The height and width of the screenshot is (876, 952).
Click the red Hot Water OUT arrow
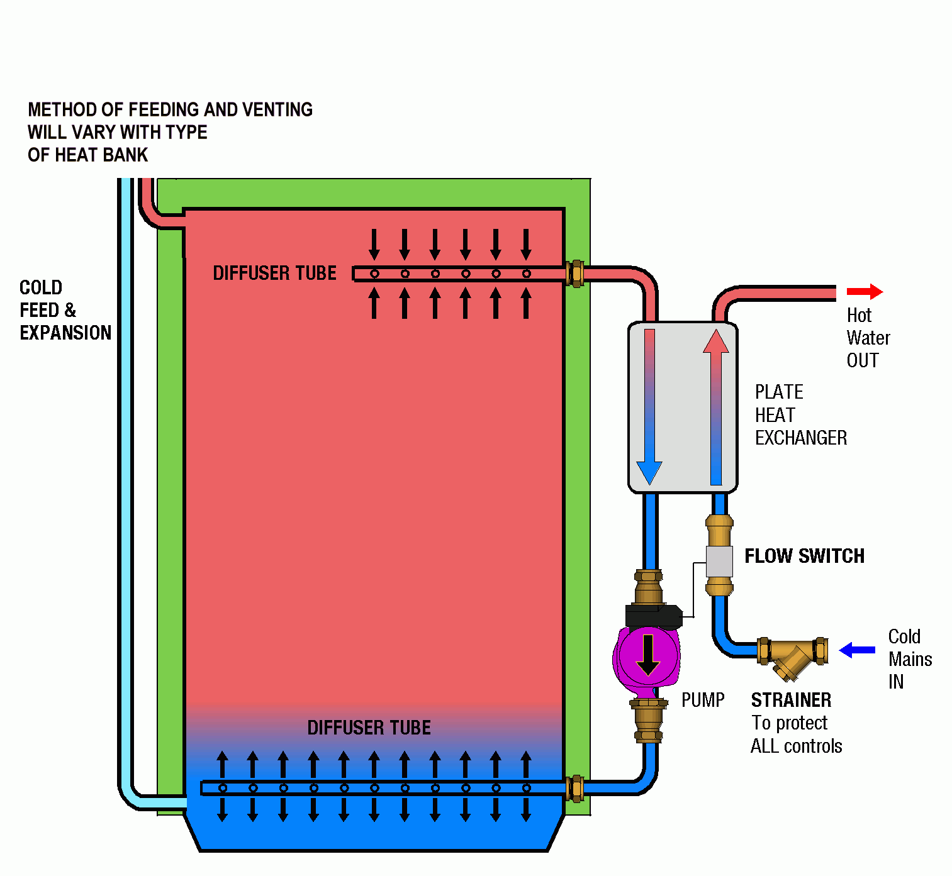click(x=865, y=292)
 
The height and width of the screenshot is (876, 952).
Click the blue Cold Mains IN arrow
click(x=857, y=650)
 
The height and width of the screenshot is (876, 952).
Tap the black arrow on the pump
click(x=647, y=655)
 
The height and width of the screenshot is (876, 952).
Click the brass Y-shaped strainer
click(x=793, y=657)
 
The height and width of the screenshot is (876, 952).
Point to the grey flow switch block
click(x=719, y=561)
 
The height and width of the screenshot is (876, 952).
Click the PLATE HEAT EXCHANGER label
click(x=800, y=415)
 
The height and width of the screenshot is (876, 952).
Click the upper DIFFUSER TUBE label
click(x=274, y=274)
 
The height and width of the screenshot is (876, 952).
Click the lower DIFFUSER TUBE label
click(x=369, y=728)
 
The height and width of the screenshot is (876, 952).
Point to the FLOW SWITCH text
click(x=804, y=557)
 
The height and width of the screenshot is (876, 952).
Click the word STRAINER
click(x=791, y=701)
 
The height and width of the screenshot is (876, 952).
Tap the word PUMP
click(x=703, y=701)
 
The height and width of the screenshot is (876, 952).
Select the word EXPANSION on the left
click(x=65, y=333)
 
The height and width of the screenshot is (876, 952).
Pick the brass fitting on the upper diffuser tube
click(x=575, y=274)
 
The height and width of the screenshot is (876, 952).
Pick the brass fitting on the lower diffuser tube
click(x=575, y=788)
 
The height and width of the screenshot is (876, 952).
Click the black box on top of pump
click(x=653, y=616)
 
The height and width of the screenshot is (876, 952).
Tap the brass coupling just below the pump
click(x=648, y=719)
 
